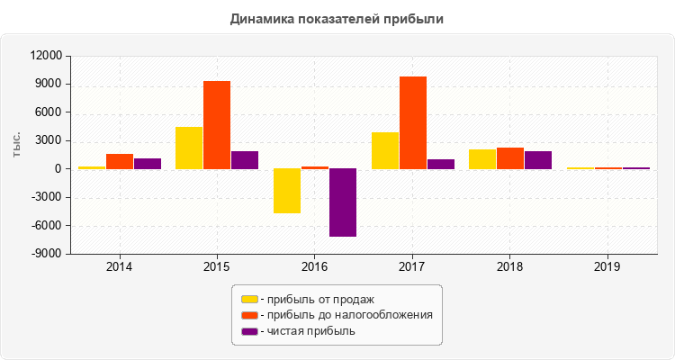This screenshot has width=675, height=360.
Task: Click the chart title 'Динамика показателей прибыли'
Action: (x=337, y=18)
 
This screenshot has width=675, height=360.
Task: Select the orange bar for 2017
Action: (x=413, y=122)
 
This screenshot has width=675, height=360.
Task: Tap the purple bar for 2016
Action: (x=343, y=202)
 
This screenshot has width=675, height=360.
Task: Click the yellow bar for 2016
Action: (x=287, y=191)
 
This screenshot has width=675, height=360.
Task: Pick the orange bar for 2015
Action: (x=217, y=125)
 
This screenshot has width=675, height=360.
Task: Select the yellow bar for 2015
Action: (x=189, y=148)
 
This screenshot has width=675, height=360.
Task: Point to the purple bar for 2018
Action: (x=538, y=160)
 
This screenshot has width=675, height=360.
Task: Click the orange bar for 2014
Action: (x=120, y=161)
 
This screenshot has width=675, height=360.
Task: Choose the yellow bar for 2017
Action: (x=385, y=150)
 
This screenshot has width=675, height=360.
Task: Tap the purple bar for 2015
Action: (x=245, y=160)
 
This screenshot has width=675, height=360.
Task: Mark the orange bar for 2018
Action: (x=510, y=158)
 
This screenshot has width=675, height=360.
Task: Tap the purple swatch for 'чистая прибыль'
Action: (x=249, y=331)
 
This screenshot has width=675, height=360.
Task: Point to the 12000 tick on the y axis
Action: (x=46, y=57)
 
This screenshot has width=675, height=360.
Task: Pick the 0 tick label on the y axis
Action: (x=58, y=169)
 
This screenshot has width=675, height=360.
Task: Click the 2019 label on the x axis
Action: (x=607, y=267)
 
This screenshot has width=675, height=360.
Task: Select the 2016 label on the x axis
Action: (x=315, y=267)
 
